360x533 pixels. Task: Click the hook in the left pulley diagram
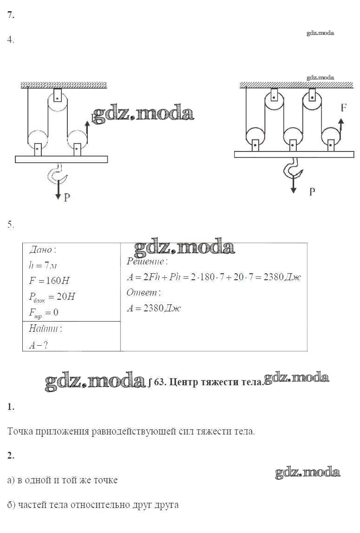pos(59,175)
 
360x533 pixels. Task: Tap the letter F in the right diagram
pos(343,108)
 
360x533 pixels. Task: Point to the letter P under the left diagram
pos(67,197)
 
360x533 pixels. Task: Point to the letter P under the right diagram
pos(312,191)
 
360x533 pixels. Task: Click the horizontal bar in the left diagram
pos(61,159)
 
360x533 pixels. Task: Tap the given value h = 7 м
pos(42,265)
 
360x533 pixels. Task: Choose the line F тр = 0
pos(43,312)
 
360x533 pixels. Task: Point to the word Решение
pos(144,262)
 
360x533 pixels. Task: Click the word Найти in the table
pos(45,329)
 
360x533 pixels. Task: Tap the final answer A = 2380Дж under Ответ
pos(153,308)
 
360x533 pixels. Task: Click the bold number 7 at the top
pos(11,15)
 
